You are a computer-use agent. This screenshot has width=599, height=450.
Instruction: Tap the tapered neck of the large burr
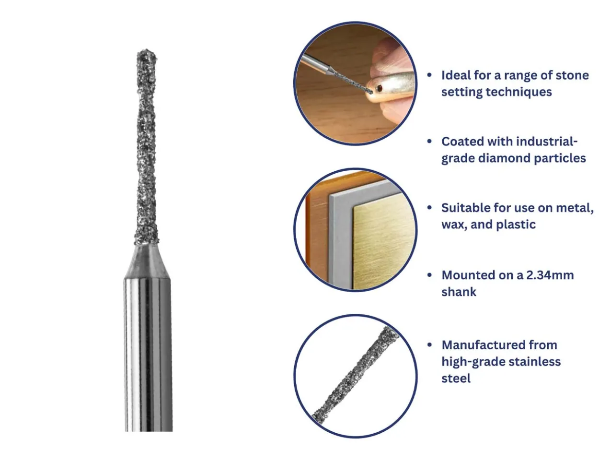coord(147,261)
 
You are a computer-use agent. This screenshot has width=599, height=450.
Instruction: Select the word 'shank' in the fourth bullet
coord(459,292)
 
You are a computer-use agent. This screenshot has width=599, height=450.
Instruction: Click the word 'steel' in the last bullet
coord(456,379)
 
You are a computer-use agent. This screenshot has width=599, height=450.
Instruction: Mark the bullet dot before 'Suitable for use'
coord(429,208)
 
